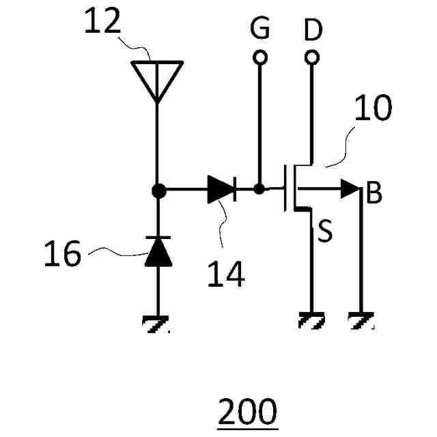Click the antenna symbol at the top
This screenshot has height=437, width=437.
(x=158, y=77)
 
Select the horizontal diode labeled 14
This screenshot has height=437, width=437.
(x=221, y=191)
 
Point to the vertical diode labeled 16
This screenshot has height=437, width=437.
(x=158, y=252)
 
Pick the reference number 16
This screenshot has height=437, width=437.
(x=62, y=255)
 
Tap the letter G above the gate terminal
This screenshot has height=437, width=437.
(x=259, y=29)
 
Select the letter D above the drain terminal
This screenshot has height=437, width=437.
(x=313, y=29)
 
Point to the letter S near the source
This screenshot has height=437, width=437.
(x=326, y=233)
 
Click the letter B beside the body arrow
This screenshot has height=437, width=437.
(x=373, y=194)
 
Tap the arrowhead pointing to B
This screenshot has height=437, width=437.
(x=352, y=190)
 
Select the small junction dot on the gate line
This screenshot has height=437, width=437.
(x=259, y=190)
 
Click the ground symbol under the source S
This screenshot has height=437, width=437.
(x=312, y=320)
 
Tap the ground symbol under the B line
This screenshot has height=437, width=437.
(x=361, y=320)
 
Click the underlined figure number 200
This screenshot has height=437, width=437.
(x=248, y=412)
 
